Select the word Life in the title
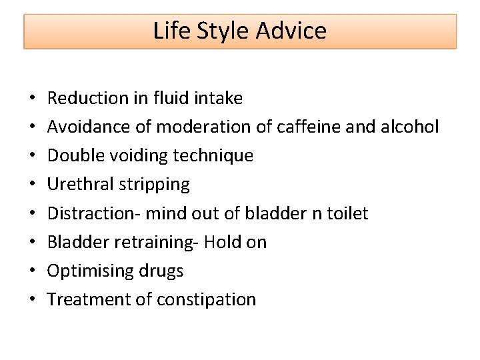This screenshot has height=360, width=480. point(172,31)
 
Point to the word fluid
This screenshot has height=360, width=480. point(169,98)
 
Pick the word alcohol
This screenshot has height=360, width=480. point(411,127)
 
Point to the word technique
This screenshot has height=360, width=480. point(213,156)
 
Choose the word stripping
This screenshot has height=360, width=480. point(155,185)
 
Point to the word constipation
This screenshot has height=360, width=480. point(207,299)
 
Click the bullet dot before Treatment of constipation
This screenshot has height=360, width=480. point(33,300)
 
